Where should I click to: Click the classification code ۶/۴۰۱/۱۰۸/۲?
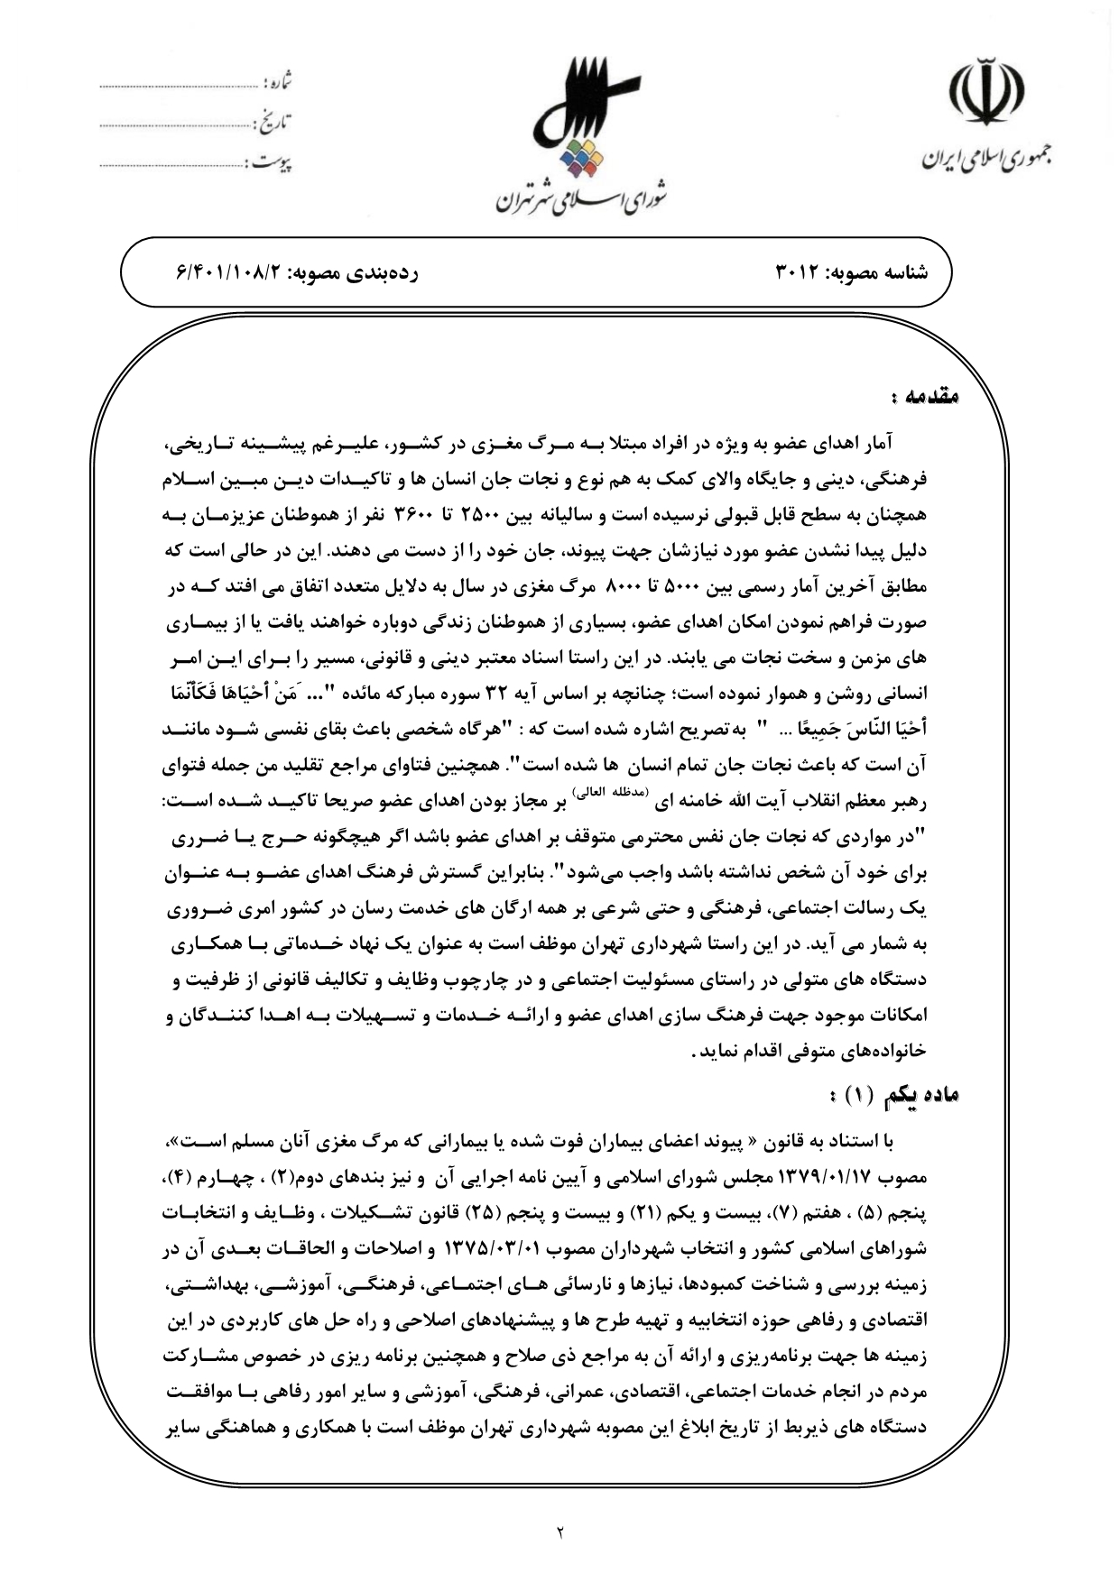point(229,271)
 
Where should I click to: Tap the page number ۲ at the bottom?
point(559,1530)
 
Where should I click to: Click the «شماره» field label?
point(278,85)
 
